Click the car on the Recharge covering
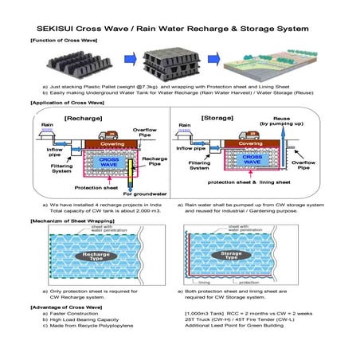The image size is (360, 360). click(x=104, y=132)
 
